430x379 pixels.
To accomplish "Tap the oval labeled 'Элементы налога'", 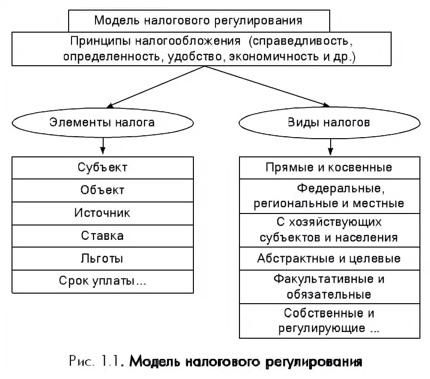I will point(102,122).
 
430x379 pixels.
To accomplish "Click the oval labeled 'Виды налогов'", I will point(329,122).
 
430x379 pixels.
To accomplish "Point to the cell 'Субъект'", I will point(102,167).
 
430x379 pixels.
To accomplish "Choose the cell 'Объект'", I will point(102,190).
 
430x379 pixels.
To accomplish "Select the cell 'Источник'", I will point(102,213).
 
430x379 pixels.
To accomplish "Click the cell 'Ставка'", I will point(102,236).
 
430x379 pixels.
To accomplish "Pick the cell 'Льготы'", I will point(102,258).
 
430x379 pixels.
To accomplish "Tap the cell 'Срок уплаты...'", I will point(102,281).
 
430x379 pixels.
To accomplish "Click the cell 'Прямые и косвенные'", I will point(329,167).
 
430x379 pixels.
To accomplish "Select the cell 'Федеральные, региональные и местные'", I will point(329,196).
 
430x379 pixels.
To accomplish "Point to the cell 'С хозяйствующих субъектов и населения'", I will point(329,230).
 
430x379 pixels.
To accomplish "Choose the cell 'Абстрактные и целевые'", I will point(329,259).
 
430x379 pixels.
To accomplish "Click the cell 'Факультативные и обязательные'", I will point(329,286).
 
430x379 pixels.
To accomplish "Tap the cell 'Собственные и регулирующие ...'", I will point(329,321).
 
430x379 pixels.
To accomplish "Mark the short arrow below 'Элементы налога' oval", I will point(103,144).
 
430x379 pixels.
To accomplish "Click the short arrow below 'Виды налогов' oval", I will point(329,144).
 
